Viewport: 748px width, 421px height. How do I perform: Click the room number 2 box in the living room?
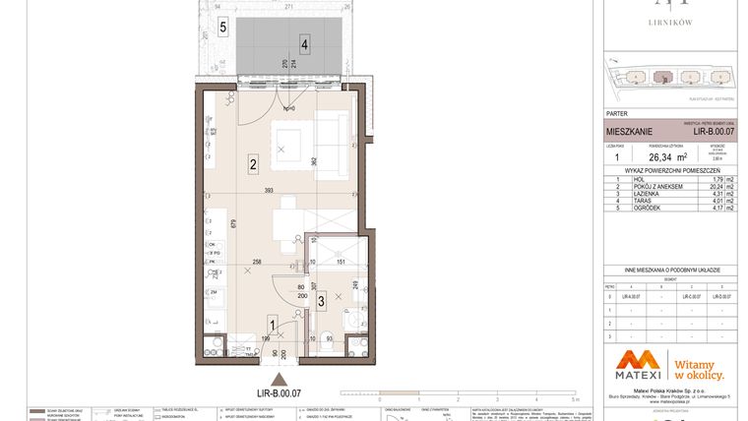tap(253, 164)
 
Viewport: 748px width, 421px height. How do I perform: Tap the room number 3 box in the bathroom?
tap(321, 301)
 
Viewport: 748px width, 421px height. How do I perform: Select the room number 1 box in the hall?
tap(273, 322)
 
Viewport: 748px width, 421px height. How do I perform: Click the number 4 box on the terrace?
tap(306, 44)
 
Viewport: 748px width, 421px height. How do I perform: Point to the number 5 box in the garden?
tap(223, 28)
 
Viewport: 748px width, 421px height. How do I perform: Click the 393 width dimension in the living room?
tap(269, 192)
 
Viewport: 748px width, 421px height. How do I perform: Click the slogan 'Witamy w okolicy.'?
tap(699, 368)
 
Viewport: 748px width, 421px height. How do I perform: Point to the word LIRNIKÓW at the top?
tap(668, 20)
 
